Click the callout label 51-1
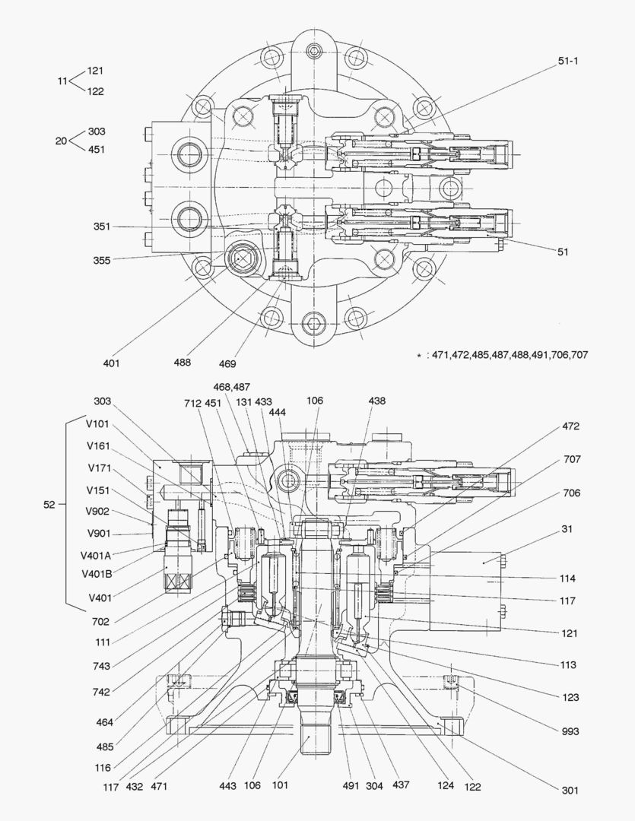[x=569, y=62]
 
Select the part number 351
[x=102, y=227]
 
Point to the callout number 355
[x=102, y=260]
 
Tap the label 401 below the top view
[x=112, y=363]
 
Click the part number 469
[x=228, y=363]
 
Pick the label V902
[x=99, y=512]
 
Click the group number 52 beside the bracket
[x=49, y=504]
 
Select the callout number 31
[x=567, y=529]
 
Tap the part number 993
[x=570, y=731]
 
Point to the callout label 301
[x=570, y=790]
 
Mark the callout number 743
[x=100, y=666]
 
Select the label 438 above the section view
[x=376, y=401]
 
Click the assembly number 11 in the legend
[x=62, y=81]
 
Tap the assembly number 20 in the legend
[x=62, y=141]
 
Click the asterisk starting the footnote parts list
[x=418, y=356]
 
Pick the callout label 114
[x=567, y=579]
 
